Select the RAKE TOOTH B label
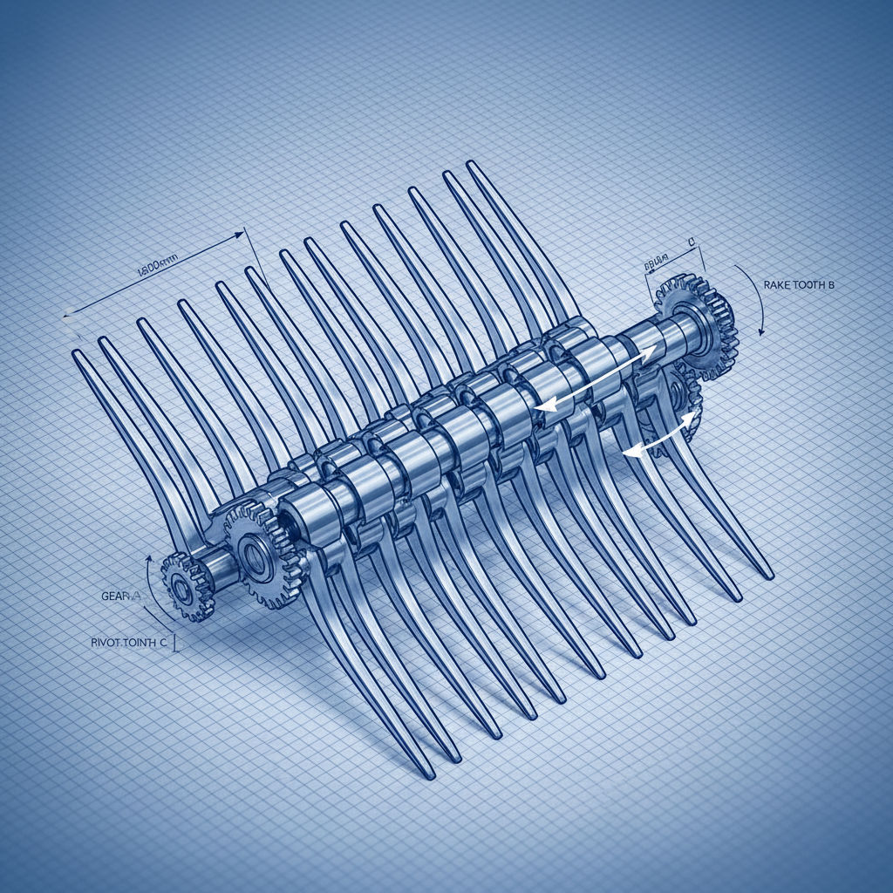click(x=798, y=285)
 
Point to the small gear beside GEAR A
click(x=187, y=587)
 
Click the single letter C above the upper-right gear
click(x=690, y=240)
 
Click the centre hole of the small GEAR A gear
click(x=183, y=589)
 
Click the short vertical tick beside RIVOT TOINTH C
click(x=177, y=644)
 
